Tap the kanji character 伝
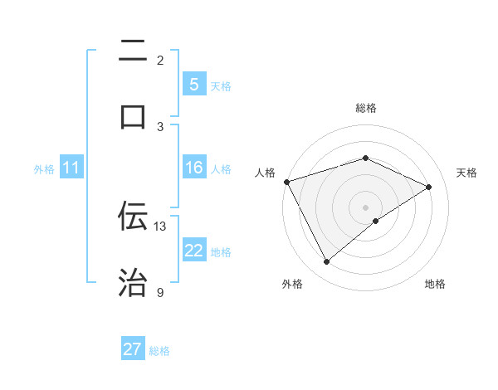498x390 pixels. [133, 216]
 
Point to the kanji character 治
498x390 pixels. [133, 282]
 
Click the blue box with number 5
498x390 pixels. [193, 85]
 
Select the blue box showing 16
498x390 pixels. [193, 168]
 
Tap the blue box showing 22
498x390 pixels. [193, 251]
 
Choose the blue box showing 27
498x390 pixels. [133, 349]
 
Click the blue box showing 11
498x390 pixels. [71, 168]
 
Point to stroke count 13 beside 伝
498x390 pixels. [160, 226]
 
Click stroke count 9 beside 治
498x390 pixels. [160, 292]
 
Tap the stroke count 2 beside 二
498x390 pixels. [160, 60]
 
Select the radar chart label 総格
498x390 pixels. [365, 108]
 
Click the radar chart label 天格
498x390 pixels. [466, 173]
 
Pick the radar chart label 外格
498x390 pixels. [292, 284]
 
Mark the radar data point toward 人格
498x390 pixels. [286, 182]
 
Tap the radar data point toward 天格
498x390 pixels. [429, 187]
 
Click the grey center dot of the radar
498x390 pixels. [365, 207]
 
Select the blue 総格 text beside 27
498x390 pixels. [159, 351]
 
